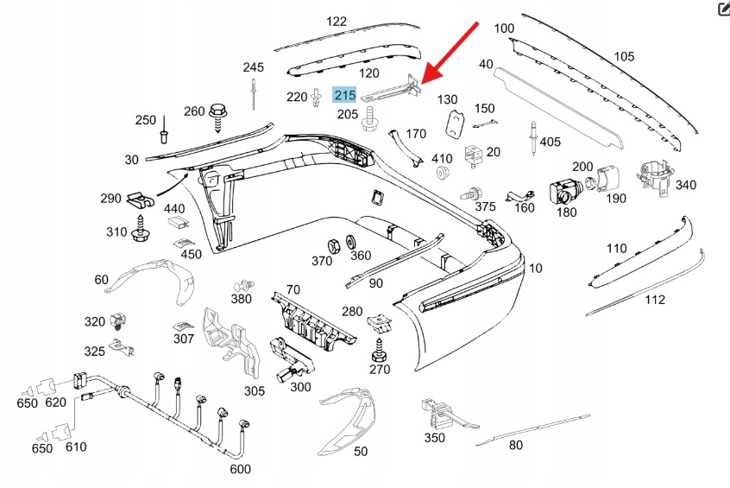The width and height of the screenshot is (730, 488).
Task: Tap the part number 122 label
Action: click(x=337, y=22)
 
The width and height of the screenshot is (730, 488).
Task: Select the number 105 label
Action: click(x=623, y=57)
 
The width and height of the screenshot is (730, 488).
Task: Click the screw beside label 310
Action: click(x=141, y=229)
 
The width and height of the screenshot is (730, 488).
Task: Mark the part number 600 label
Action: click(x=241, y=469)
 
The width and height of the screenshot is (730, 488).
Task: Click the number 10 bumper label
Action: click(x=535, y=269)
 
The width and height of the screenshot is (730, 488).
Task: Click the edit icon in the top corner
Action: click(x=723, y=10)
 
